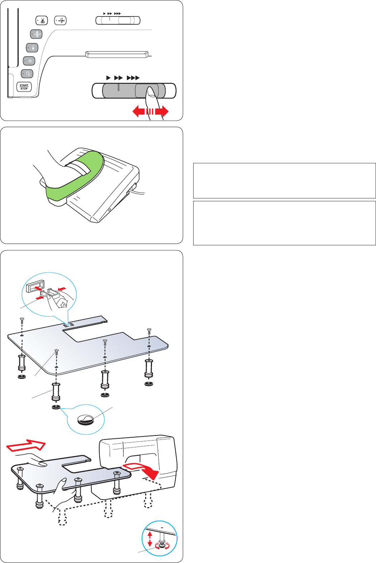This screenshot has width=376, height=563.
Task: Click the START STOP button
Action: [x=24, y=87]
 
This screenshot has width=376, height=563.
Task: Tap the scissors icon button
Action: [x=42, y=20]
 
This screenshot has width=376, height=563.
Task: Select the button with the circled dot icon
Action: [x=29, y=61]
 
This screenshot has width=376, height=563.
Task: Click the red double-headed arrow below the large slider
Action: [x=151, y=111]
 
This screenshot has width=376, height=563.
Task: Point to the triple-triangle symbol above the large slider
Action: [x=133, y=78]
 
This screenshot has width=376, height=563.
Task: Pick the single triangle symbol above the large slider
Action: [x=108, y=78]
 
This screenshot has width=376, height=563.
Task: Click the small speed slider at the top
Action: [x=118, y=20]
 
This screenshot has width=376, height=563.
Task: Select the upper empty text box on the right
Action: [x=284, y=181]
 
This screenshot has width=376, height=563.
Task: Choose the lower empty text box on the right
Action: [x=284, y=223]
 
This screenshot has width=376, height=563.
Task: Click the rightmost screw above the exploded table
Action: [x=149, y=331]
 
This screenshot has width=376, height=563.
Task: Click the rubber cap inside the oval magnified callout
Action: [x=86, y=419]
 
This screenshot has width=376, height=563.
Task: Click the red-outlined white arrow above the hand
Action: [x=26, y=446]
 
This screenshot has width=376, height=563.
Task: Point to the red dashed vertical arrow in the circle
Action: [x=150, y=539]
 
